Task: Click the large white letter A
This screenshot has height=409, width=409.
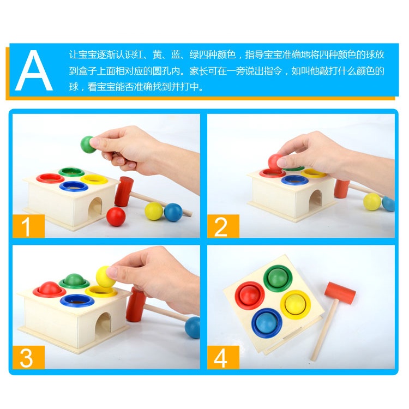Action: click(x=34, y=70)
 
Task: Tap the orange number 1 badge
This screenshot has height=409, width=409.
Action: click(x=29, y=226)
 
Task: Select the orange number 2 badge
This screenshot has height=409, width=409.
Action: click(x=223, y=226)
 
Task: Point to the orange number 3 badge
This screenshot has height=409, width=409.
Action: click(x=29, y=357)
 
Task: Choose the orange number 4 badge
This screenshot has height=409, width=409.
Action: click(x=223, y=357)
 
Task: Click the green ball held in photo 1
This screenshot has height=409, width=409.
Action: click(x=88, y=145)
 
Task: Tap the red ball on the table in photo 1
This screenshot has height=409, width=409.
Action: click(x=116, y=216)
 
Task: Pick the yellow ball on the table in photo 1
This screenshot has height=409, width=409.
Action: click(x=154, y=211)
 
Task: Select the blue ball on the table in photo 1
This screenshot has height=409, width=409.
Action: click(x=173, y=212)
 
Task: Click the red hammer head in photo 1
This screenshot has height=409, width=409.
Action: click(x=124, y=191)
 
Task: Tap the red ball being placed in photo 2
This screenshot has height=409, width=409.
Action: click(x=275, y=163)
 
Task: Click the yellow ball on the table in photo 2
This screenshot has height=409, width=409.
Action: click(x=372, y=202)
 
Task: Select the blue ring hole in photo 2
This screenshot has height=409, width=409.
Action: click(x=294, y=180)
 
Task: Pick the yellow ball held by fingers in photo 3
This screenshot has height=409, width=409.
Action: click(x=105, y=276)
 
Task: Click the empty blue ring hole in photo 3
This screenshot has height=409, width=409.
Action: click(x=77, y=300)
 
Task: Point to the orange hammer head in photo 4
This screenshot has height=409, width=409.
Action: click(x=340, y=293)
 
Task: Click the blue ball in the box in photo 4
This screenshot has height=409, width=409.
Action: click(x=267, y=323)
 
